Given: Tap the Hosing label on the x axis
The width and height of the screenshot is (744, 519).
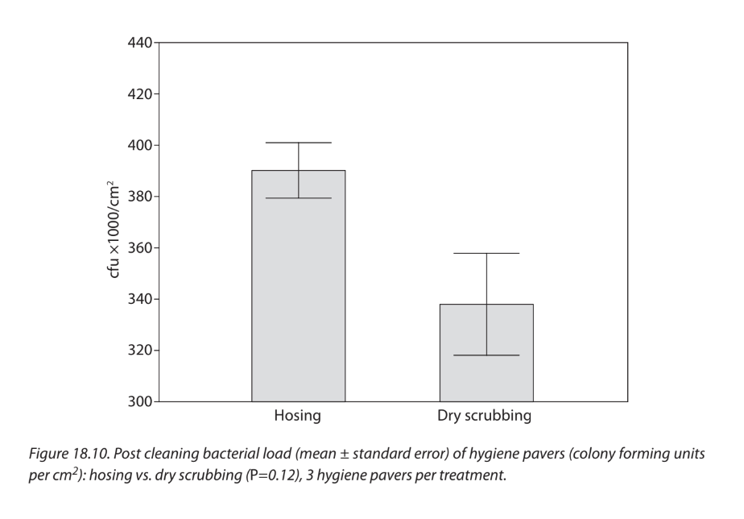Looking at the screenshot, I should (x=298, y=417).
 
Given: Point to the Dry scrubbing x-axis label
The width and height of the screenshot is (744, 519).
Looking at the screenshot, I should (x=485, y=417).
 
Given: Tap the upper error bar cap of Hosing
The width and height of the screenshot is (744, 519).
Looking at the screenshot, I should (x=298, y=143).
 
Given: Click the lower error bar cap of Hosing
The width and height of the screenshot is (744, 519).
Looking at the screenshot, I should (x=298, y=198).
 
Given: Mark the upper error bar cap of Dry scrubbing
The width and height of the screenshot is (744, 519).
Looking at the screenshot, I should (x=486, y=253).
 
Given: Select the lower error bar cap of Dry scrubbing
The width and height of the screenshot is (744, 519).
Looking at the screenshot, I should (x=486, y=355).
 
